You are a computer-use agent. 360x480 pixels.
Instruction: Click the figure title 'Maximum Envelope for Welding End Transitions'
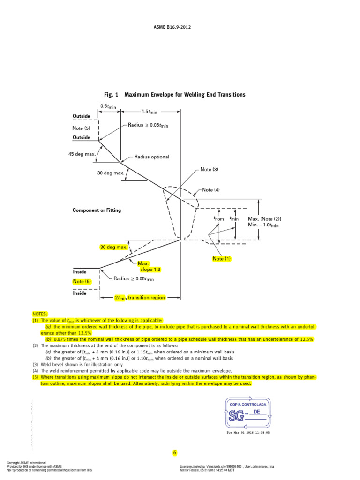[185, 95]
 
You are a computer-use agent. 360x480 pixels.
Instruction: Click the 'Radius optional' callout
[152, 157]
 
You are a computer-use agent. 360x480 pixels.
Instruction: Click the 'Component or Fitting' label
[97, 210]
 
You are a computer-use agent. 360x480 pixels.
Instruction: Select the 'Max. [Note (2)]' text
[265, 218]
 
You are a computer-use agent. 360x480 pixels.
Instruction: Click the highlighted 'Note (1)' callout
[222, 259]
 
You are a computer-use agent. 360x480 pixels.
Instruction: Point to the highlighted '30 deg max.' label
[113, 247]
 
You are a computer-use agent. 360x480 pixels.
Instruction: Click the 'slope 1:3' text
[151, 270]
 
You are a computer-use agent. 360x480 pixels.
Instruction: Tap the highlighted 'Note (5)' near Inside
[82, 281]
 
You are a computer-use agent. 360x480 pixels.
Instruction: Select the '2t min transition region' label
[140, 298]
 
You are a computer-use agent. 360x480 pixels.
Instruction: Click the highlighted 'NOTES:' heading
[40, 314]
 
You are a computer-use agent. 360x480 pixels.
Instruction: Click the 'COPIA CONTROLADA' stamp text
[247, 404]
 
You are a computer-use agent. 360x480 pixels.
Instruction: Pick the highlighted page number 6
[175, 453]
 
